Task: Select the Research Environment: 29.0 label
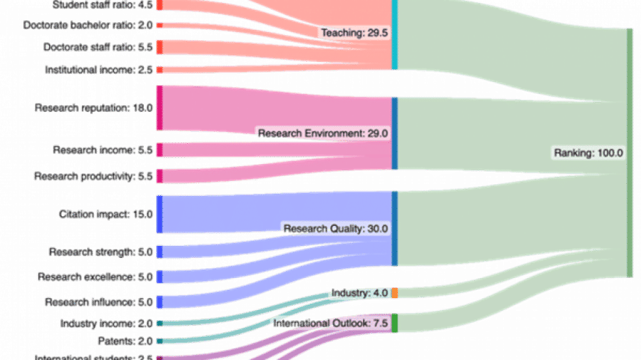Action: point(323,133)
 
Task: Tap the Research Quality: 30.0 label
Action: point(335,228)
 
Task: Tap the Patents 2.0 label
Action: point(125,341)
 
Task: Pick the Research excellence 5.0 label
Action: point(95,277)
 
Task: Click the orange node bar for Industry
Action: point(394,293)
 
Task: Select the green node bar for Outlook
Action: point(394,323)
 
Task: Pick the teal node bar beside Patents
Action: point(159,341)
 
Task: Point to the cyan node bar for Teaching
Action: point(394,35)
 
